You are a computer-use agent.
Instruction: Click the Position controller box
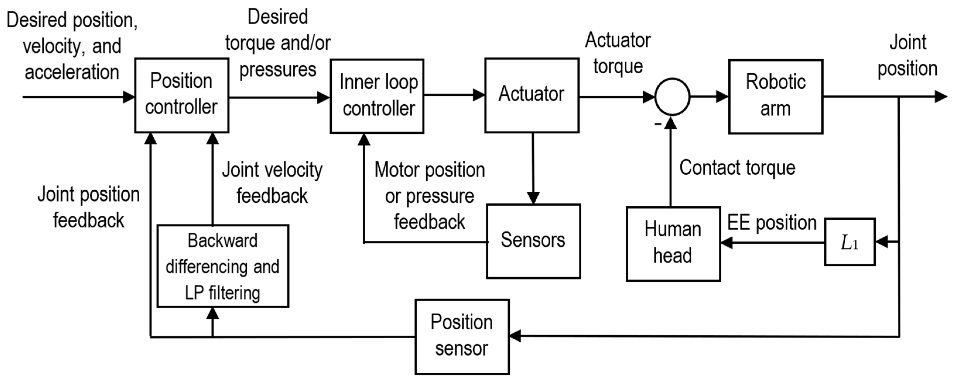tap(181, 95)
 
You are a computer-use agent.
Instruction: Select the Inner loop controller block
tap(377, 96)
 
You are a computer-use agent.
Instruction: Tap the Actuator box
tap(532, 95)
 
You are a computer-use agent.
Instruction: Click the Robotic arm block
tap(776, 96)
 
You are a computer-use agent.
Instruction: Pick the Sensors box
tap(533, 241)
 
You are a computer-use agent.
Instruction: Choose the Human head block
tap(673, 244)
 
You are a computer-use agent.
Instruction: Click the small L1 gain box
tap(850, 242)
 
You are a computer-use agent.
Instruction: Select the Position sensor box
tap(462, 336)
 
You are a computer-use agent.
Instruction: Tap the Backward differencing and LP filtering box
tap(223, 266)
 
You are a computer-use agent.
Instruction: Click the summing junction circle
tap(672, 97)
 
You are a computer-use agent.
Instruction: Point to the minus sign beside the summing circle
tap(658, 123)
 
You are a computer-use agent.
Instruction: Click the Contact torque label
tap(737, 167)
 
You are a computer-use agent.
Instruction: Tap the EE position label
tap(772, 223)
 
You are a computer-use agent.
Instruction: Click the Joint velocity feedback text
tap(272, 183)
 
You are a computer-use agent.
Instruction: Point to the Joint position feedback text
tap(89, 208)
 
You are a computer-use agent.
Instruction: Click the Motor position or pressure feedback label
tap(429, 196)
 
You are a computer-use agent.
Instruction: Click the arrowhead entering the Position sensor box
tap(515, 336)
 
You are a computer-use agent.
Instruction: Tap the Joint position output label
tap(907, 56)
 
